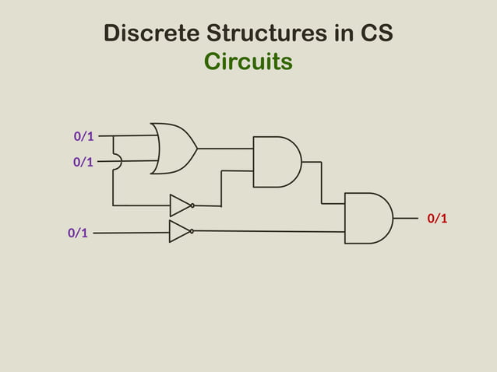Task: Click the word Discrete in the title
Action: (150, 34)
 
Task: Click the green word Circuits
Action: (248, 61)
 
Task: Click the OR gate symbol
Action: (172, 148)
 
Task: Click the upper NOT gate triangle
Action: (179, 205)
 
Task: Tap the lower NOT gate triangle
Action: (178, 231)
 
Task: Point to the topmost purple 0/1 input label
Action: (84, 136)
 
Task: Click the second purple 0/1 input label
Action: (83, 162)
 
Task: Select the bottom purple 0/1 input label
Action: (78, 233)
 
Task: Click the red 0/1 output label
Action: (438, 218)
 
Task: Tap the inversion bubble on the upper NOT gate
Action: (192, 206)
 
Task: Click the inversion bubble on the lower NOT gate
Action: (192, 231)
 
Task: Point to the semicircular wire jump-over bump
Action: (118, 161)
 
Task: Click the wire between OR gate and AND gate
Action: (225, 148)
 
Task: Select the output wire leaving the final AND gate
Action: (405, 219)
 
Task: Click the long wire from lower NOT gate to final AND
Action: (269, 231)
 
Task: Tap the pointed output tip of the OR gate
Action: (196, 148)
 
